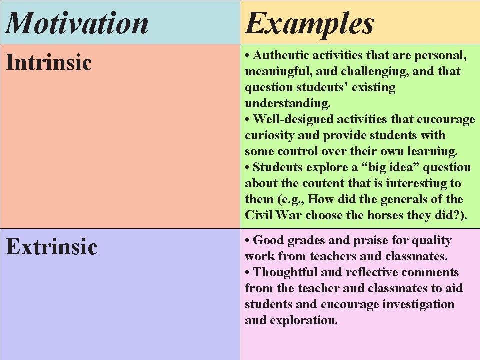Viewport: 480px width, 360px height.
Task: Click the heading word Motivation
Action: pyautogui.click(x=77, y=23)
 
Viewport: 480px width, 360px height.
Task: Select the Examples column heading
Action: pyautogui.click(x=310, y=23)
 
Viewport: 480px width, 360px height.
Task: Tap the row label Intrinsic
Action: pyautogui.click(x=49, y=63)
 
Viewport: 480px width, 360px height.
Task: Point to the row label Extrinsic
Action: pyautogui.click(x=51, y=247)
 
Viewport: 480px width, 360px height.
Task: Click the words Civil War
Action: pyautogui.click(x=273, y=215)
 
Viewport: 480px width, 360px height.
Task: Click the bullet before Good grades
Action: pyautogui.click(x=247, y=240)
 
